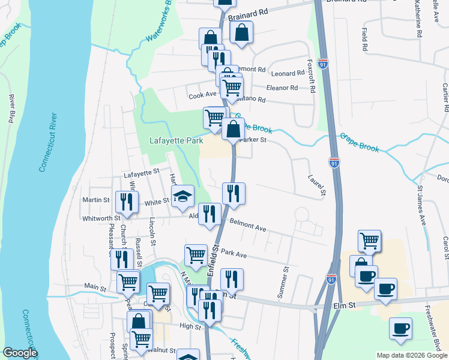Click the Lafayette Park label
click(176, 141)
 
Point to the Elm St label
click(345, 305)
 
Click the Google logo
click(20, 353)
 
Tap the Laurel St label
click(316, 185)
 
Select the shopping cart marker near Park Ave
click(196, 255)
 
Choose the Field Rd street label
click(364, 38)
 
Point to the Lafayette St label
click(140, 173)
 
